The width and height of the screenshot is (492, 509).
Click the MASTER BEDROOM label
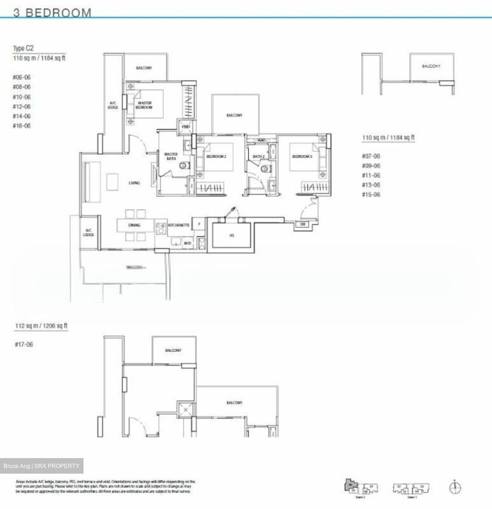(x=144, y=105)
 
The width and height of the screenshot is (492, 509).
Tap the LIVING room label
(x=134, y=183)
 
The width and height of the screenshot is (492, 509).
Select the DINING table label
(x=134, y=225)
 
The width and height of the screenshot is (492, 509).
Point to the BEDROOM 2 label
(x=216, y=156)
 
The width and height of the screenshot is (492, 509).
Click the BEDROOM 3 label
(x=302, y=156)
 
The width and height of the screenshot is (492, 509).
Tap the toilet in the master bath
(x=184, y=165)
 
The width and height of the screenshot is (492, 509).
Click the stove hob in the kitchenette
(x=161, y=228)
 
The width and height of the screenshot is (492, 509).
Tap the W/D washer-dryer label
(x=187, y=243)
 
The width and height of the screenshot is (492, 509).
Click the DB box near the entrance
(x=303, y=224)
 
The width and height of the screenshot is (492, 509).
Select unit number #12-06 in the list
(x=22, y=106)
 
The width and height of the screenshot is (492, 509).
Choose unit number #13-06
(x=371, y=185)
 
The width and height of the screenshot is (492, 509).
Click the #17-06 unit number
(x=24, y=344)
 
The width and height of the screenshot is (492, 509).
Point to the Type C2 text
(x=23, y=48)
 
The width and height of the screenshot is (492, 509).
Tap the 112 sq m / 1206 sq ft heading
(x=41, y=326)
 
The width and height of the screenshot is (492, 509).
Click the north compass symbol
(x=455, y=487)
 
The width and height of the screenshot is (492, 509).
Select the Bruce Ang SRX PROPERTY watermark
(x=41, y=466)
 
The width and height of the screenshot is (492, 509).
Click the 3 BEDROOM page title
(x=52, y=13)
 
